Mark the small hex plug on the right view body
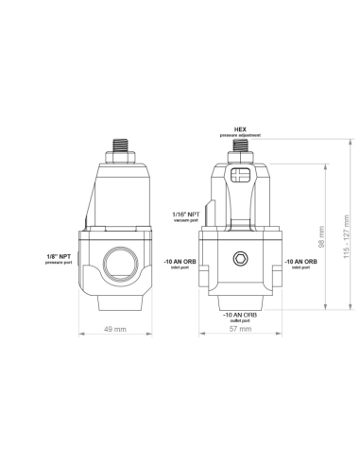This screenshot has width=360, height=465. [240, 260]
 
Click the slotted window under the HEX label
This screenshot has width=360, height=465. [240, 175]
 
